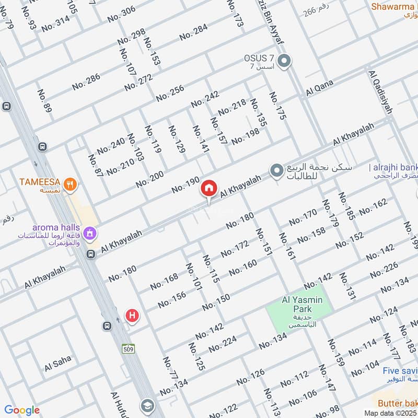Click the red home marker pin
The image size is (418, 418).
click(x=209, y=188)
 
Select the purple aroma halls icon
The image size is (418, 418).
click(x=90, y=231)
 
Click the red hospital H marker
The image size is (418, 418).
click(x=133, y=315)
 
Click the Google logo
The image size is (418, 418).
click(x=22, y=410)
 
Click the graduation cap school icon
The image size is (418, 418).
click(x=147, y=405)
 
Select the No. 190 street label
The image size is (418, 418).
click(x=185, y=185)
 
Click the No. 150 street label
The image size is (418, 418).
click(x=216, y=301)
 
